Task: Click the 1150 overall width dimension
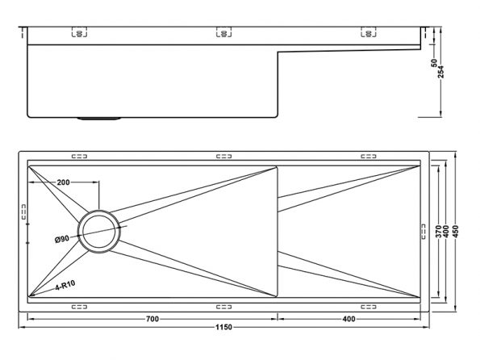click(x=223, y=327)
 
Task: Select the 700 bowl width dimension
click(x=152, y=319)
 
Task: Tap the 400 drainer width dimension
click(x=349, y=319)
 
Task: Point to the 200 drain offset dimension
click(x=64, y=182)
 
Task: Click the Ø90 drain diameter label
click(x=62, y=239)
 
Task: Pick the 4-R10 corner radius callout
click(x=65, y=285)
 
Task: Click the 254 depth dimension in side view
click(x=440, y=72)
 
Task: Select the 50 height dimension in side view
click(x=434, y=63)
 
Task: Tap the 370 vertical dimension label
click(x=438, y=232)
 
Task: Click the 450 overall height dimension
click(x=456, y=232)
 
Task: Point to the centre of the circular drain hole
click(x=99, y=232)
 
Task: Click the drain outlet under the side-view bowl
click(x=98, y=119)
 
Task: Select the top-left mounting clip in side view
click(x=79, y=32)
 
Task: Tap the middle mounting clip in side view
click(x=223, y=32)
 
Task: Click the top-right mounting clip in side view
click(x=368, y=32)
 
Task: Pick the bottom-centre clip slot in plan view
click(x=223, y=307)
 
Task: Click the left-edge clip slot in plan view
click(x=24, y=211)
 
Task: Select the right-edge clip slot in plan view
click(x=424, y=232)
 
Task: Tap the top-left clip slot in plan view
click(x=79, y=157)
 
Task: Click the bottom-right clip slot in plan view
click(x=368, y=307)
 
